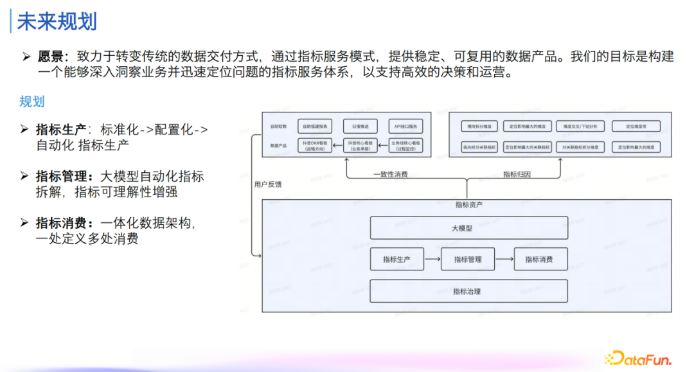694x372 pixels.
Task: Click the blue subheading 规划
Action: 31,102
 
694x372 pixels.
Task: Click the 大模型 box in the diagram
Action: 468,228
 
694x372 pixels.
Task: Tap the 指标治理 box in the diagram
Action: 468,291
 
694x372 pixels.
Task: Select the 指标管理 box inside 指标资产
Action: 468,259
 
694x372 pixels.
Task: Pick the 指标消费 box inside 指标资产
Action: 538,259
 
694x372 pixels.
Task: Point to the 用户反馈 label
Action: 268,184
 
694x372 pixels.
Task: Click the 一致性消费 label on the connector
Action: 390,174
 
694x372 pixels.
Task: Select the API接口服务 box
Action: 406,127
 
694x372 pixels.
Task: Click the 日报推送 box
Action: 360,127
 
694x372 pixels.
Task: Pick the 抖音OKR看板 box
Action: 314,146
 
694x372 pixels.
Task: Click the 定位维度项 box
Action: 636,127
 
